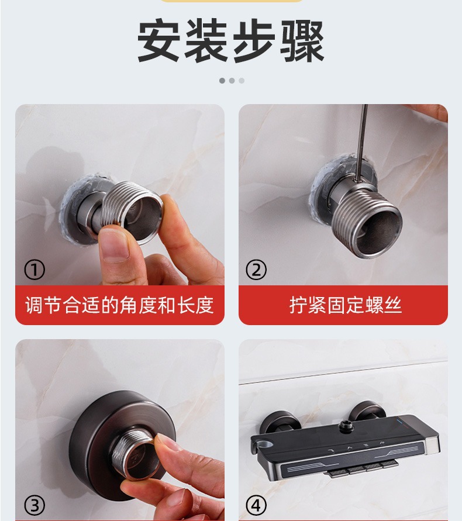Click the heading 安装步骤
230,40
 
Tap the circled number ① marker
35,270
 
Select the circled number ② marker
256,270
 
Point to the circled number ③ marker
35,506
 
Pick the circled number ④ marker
256,505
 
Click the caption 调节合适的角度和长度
119,305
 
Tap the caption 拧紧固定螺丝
346,305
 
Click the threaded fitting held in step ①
131,212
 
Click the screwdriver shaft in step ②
361,143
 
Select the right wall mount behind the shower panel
369,409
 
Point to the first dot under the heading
222,81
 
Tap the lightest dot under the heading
242,81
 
